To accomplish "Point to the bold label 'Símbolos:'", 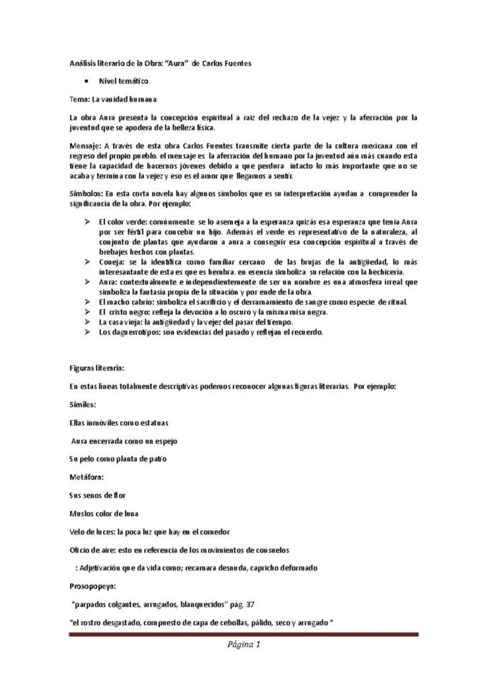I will pyautogui.click(x=87, y=193).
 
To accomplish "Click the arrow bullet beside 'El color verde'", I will pyautogui.click(x=86, y=221).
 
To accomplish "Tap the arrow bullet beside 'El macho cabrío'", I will pyautogui.click(x=86, y=302).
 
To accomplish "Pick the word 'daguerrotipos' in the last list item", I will pyautogui.click(x=133, y=332).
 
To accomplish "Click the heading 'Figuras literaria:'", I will pyautogui.click(x=97, y=369).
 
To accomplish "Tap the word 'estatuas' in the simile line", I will pyautogui.click(x=152, y=423).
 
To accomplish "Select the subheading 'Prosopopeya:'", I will pyautogui.click(x=93, y=585).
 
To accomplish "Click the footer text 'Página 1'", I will pyautogui.click(x=243, y=645).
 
